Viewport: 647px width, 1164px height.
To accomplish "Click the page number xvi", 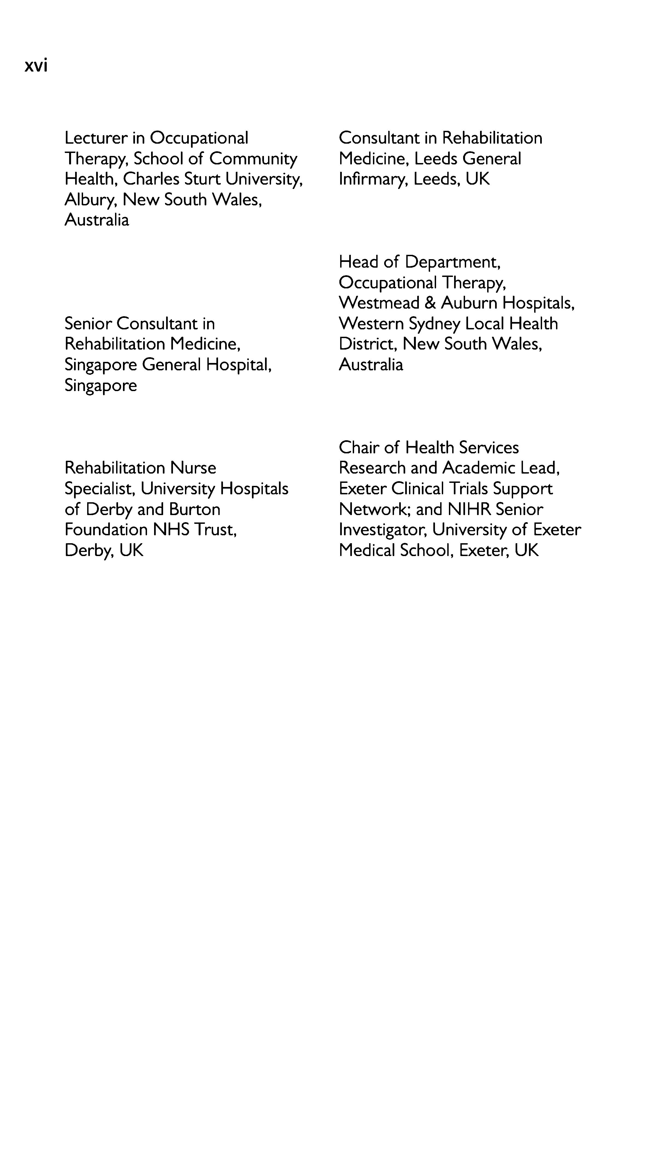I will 36,66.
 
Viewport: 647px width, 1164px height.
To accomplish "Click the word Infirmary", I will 373,179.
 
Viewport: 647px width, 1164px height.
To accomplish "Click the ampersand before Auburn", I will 430,303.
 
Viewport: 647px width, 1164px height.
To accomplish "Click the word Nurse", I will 193,468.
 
